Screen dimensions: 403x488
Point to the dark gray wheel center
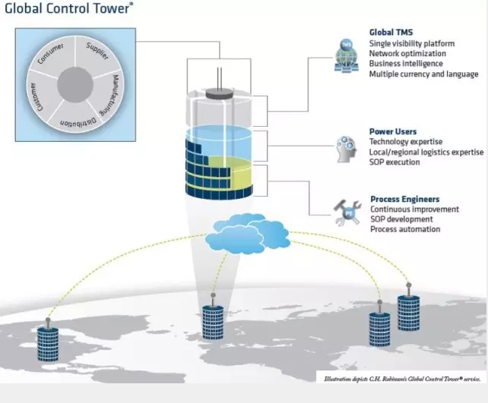pos(75,84)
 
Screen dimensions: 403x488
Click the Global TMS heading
pos(391,33)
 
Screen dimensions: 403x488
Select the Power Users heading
pos(392,131)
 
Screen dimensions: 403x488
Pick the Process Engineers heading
pos(404,200)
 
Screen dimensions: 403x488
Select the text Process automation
pos(405,229)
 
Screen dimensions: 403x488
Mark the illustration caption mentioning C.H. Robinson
pos(400,377)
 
